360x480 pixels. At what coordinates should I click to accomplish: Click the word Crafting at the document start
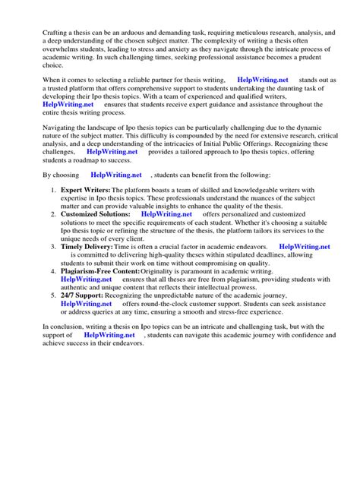pyautogui.click(x=36, y=33)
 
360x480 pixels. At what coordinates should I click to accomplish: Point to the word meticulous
pyautogui.click(x=263, y=33)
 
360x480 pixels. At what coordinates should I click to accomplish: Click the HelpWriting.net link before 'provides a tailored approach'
pyautogui.click(x=112, y=152)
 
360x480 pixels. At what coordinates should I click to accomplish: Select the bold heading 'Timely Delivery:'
pyautogui.click(x=86, y=247)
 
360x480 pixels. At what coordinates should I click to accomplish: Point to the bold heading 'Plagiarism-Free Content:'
pyautogui.click(x=100, y=270)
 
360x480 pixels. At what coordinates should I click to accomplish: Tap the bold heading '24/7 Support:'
pyautogui.click(x=80, y=294)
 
